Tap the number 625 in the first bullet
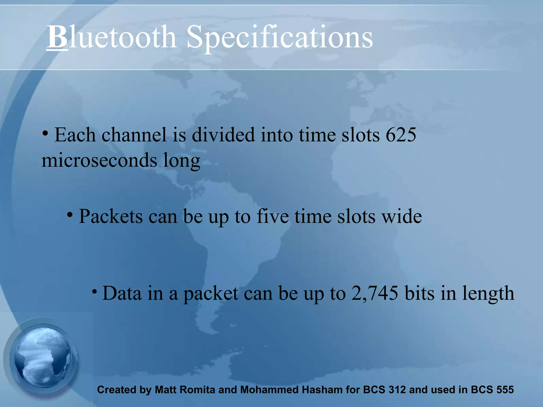click(401, 135)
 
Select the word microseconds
click(99, 160)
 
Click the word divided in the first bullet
click(223, 135)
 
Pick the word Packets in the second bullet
click(111, 216)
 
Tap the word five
click(273, 216)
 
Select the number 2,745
click(375, 293)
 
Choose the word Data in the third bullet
click(122, 293)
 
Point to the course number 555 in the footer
click(505, 390)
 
